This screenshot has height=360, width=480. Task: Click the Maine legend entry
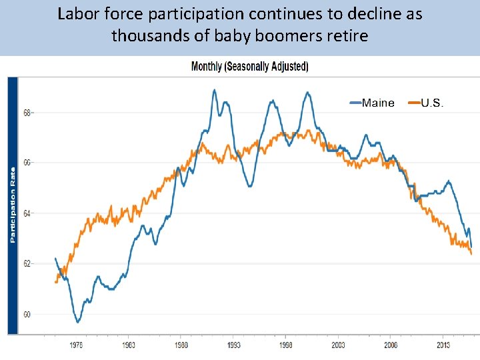coord(378,103)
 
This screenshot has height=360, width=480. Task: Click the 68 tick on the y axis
coord(27,113)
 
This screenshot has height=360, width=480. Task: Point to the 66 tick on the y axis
coord(27,163)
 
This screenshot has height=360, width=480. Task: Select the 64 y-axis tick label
coord(27,213)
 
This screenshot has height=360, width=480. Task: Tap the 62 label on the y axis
coord(27,264)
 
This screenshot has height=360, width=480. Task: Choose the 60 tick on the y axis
coord(27,314)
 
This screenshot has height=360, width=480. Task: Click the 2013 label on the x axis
coord(443,345)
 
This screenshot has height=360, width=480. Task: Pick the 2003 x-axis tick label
coord(338,345)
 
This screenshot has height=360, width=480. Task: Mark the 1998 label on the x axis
coord(286,345)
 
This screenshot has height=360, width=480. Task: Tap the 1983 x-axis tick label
coord(129,345)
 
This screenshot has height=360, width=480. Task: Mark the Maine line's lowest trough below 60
coord(78,322)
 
